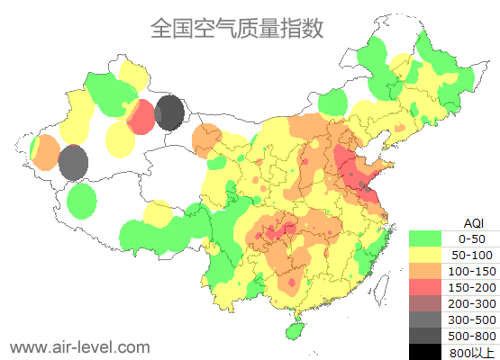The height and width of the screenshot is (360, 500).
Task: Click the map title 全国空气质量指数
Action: pos(237,29)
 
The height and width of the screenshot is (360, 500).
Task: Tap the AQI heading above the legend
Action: pos(473,221)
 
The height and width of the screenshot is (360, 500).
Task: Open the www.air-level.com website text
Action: pos(79,346)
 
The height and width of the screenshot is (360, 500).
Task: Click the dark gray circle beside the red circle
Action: pos(169,113)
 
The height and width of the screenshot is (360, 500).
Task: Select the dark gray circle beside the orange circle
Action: pos(73,163)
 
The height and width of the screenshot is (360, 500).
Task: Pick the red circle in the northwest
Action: pos(141,117)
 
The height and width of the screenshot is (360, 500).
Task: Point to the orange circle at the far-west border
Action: pos(43,153)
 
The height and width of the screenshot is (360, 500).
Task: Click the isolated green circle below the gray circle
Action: pos(81,201)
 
